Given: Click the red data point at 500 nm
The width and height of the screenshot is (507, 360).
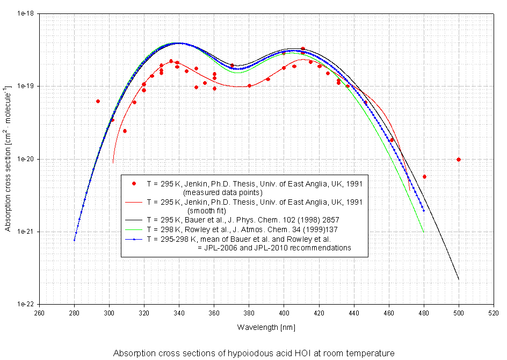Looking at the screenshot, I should (459, 160).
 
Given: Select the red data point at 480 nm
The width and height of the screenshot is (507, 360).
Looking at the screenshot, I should (424, 177).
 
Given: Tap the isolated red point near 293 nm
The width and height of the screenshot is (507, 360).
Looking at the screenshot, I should (98, 101).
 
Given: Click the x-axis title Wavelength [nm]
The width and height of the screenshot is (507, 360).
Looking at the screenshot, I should (266, 327).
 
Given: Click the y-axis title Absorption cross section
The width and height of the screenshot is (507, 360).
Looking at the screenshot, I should (8, 159).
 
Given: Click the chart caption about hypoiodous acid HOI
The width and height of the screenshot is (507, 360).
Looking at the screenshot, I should (253, 353).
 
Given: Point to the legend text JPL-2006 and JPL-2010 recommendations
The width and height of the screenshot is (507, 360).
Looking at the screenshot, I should (274, 248).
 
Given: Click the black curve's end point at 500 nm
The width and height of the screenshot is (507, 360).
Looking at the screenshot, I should (459, 279).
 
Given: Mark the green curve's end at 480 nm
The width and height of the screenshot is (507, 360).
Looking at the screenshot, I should (424, 232).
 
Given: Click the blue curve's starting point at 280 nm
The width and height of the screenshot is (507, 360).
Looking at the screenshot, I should (74, 240).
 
